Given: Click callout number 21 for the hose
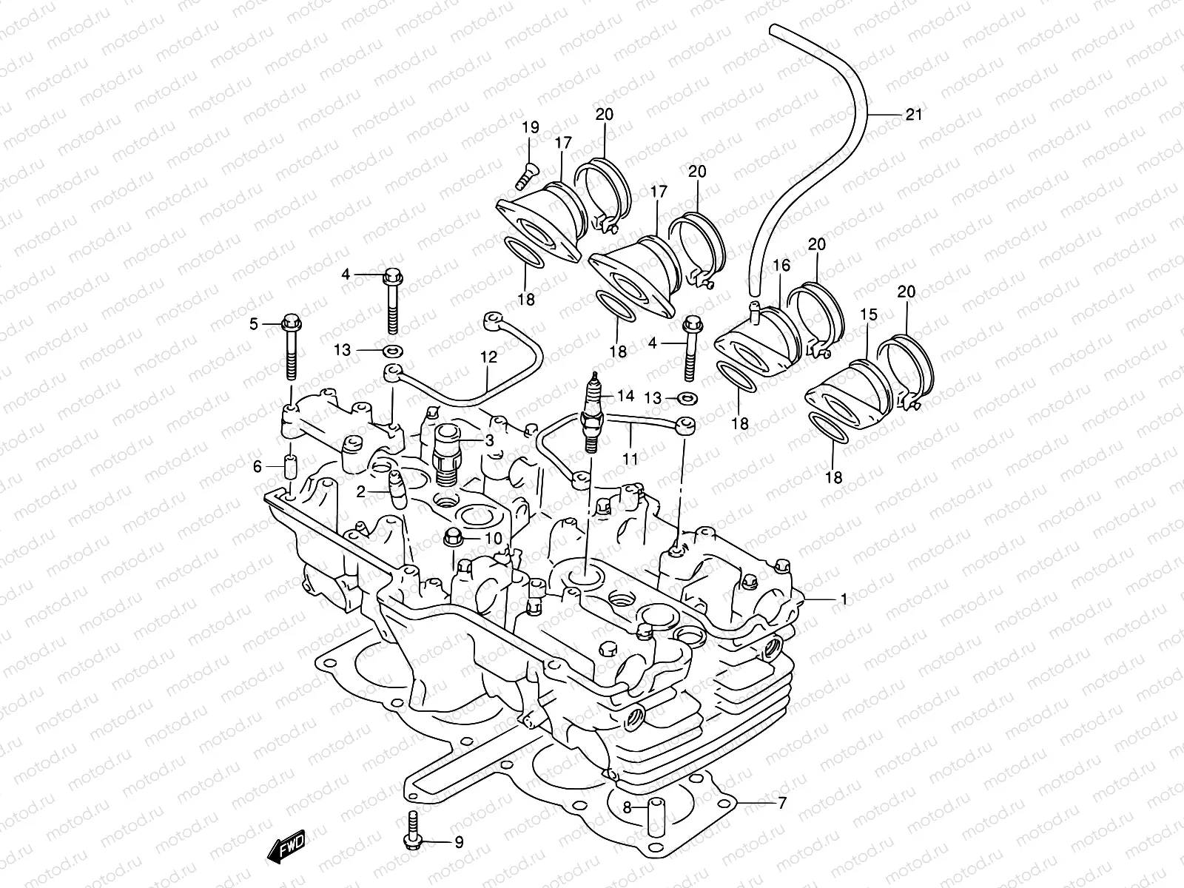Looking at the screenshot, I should pyautogui.click(x=914, y=115).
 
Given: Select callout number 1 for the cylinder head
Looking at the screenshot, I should pyautogui.click(x=843, y=599).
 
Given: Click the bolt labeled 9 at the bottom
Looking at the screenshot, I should pyautogui.click(x=411, y=841).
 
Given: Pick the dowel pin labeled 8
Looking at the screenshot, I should pyautogui.click(x=654, y=814).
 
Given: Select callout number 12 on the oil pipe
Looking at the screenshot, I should pyautogui.click(x=488, y=357).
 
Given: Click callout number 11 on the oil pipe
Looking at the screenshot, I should pyautogui.click(x=630, y=459).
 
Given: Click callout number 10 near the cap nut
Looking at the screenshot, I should pyautogui.click(x=494, y=538).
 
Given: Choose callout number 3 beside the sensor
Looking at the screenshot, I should pyautogui.click(x=489, y=440).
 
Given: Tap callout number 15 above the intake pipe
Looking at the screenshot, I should pyautogui.click(x=869, y=314).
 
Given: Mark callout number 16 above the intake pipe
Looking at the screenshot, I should pyautogui.click(x=781, y=266).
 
